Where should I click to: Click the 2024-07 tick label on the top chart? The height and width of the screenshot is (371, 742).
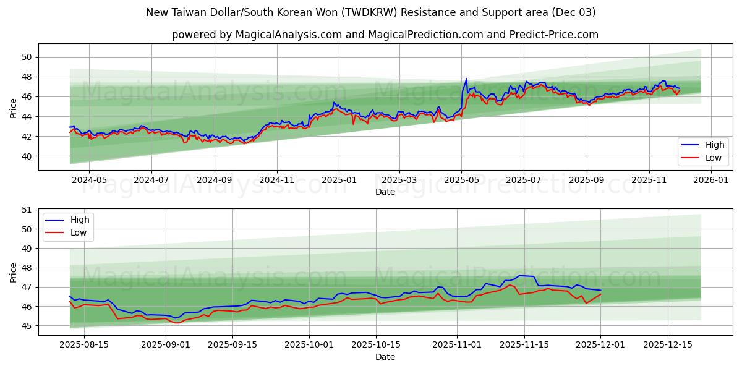151,181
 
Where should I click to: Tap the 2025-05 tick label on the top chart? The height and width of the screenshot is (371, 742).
461,181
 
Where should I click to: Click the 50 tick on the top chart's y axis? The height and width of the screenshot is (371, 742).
27,57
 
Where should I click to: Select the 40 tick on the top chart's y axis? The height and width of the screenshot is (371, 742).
27,156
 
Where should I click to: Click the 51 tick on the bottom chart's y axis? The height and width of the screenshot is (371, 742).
27,210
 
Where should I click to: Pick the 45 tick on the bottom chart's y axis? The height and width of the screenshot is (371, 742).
27,326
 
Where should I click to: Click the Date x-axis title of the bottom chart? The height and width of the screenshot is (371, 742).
385,357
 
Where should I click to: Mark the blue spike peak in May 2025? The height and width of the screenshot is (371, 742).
466,79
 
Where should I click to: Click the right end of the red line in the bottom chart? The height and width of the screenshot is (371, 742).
600,294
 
